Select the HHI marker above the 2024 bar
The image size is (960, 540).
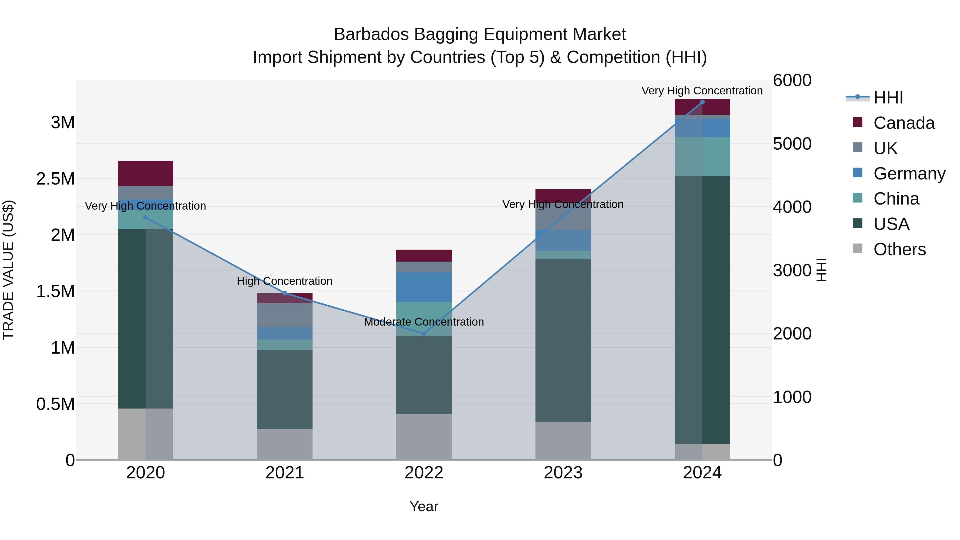coord(702,102)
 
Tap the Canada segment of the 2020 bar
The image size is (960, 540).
coord(145,173)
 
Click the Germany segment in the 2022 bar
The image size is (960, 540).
coord(424,287)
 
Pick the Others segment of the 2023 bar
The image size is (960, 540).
coord(563,441)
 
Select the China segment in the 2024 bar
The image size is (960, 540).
coord(702,157)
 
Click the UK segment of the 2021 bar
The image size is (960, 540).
coord(285,315)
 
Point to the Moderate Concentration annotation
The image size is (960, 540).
coord(424,322)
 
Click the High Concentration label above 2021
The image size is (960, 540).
coord(285,281)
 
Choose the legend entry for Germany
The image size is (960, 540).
coord(909,174)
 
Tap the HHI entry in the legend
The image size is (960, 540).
coord(888,98)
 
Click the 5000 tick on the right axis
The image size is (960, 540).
coord(792,144)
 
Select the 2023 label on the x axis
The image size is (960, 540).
coord(563,473)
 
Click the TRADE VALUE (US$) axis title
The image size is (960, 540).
coord(8,270)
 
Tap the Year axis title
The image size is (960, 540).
coord(424,506)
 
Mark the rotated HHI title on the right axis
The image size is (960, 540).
coord(821,270)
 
